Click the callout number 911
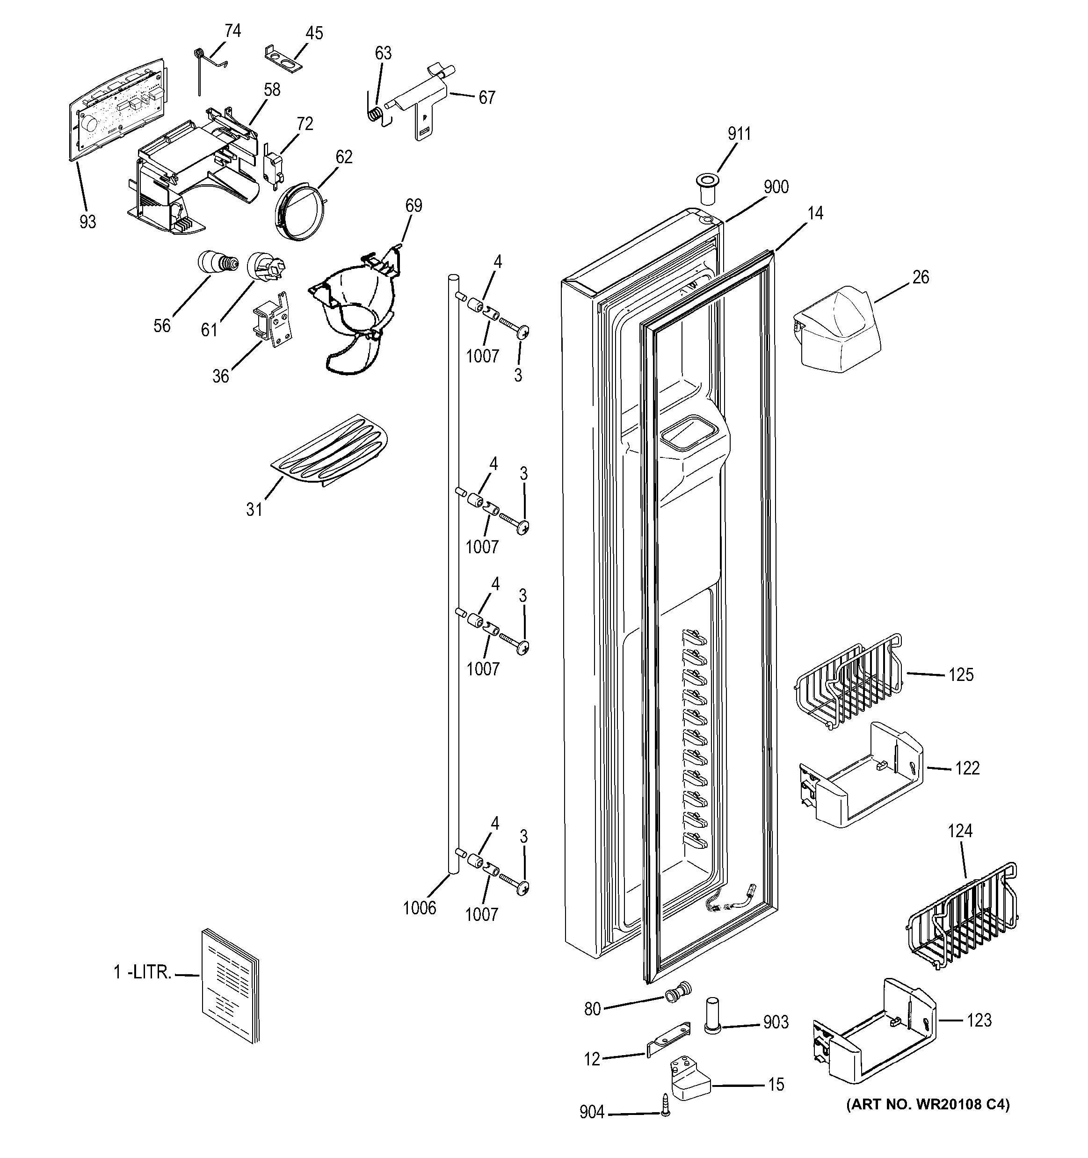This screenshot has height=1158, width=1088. click(739, 134)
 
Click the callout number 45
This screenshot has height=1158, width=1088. click(314, 33)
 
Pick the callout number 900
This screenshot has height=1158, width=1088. click(776, 187)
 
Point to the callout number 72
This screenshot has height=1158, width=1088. click(305, 123)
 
